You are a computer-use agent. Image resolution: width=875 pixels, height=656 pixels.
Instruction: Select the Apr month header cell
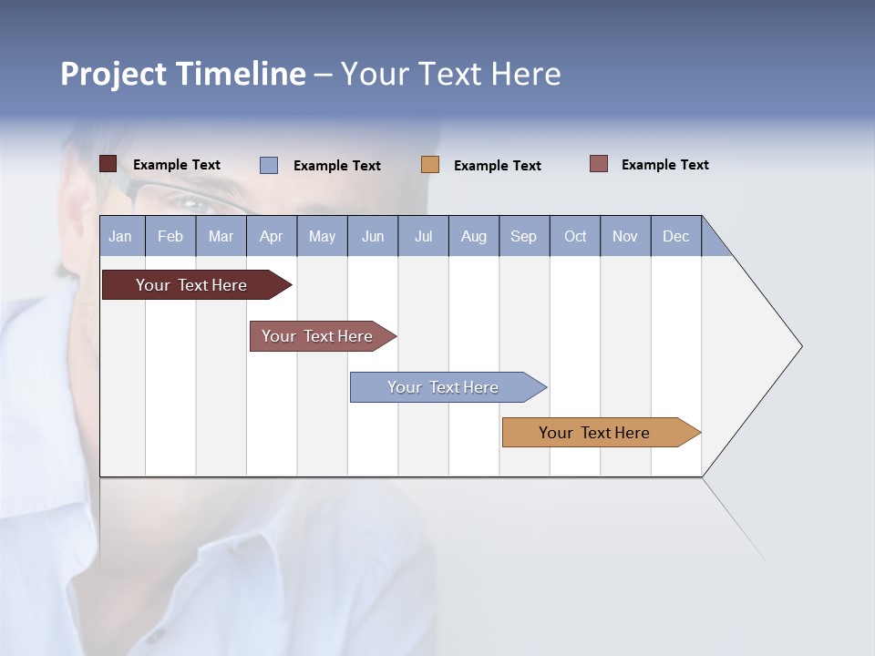(x=272, y=236)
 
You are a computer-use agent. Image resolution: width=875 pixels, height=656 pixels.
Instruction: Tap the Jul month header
(x=423, y=236)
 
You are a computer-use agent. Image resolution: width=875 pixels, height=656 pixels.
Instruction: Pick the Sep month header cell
(x=524, y=236)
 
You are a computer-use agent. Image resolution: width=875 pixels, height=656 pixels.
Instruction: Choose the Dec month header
(x=675, y=236)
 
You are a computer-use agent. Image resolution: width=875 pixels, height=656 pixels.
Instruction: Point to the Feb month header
(x=170, y=236)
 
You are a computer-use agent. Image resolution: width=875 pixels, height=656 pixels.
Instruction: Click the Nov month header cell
(x=625, y=236)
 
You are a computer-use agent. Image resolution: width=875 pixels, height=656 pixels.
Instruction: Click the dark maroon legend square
(x=108, y=164)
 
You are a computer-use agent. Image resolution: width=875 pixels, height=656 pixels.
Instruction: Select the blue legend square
(x=269, y=165)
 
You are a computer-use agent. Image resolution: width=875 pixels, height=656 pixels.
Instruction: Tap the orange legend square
(x=430, y=165)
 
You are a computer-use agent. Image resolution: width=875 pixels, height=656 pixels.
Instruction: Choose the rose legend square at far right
(x=598, y=164)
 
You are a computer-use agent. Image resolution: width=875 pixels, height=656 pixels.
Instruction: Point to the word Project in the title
(x=112, y=74)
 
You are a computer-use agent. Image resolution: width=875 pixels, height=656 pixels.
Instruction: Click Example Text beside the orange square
(x=497, y=166)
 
